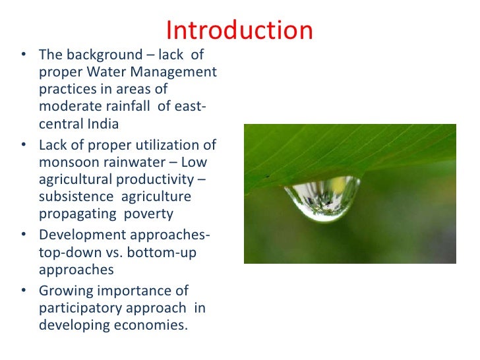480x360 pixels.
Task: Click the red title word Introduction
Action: (239, 30)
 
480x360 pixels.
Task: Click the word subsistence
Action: (74, 196)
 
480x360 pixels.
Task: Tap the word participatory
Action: (80, 307)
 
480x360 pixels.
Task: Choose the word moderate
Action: (69, 106)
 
